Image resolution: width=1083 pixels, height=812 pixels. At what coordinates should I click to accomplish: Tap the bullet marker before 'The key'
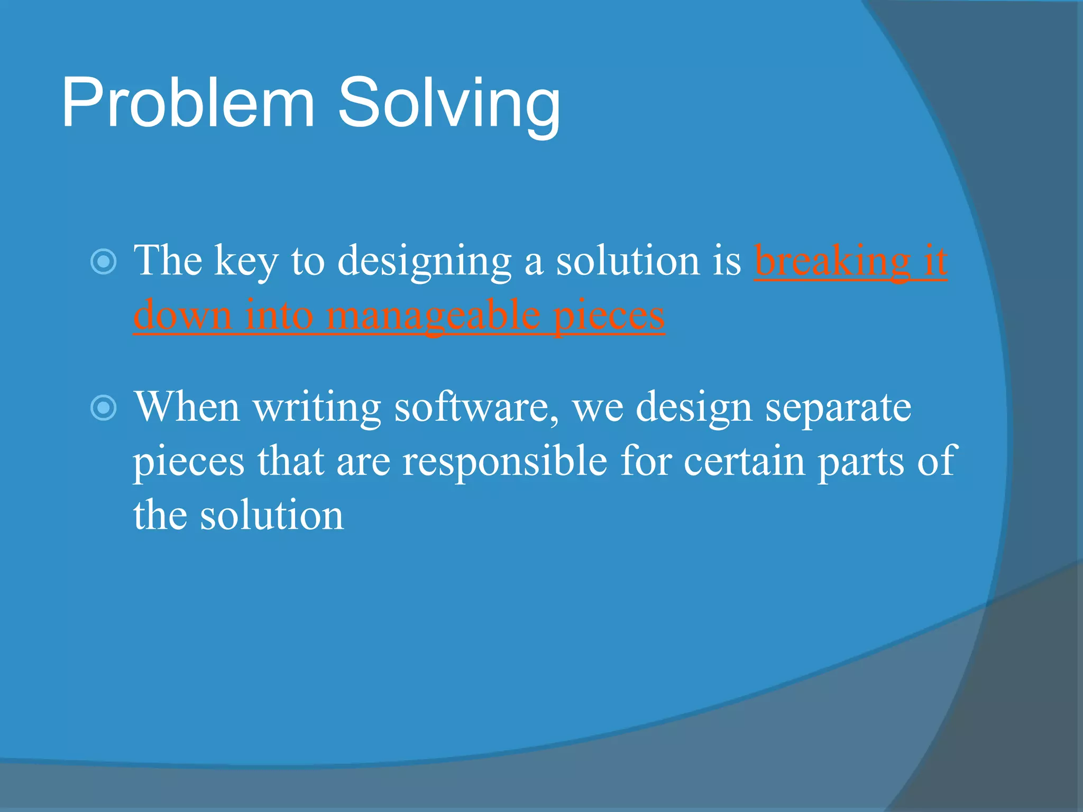(x=104, y=261)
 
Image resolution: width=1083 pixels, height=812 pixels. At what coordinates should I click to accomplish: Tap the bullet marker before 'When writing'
(x=104, y=408)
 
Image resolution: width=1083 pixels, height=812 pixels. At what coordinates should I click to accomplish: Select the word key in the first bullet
(x=245, y=262)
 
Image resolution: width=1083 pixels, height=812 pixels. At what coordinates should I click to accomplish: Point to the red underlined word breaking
(x=832, y=262)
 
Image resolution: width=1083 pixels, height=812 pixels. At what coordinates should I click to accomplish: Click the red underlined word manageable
(x=433, y=316)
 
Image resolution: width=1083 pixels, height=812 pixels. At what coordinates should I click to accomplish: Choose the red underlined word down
(x=182, y=315)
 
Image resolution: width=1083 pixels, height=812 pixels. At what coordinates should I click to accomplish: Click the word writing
(x=317, y=408)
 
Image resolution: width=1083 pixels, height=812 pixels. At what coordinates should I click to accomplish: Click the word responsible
(x=504, y=461)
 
